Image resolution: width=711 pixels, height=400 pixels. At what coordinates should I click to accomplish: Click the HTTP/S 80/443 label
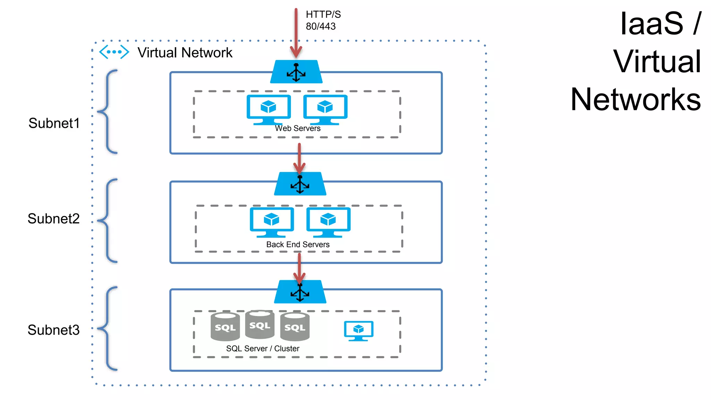click(x=323, y=20)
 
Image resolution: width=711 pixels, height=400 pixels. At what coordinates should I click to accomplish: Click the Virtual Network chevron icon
click(x=114, y=52)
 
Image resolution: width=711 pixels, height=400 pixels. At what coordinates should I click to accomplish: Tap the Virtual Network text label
click(x=185, y=53)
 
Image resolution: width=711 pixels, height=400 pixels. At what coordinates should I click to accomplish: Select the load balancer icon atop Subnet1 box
click(x=296, y=72)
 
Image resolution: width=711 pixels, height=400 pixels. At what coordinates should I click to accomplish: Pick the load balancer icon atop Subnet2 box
click(x=300, y=184)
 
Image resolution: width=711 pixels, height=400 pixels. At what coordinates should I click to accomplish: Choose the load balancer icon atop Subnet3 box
click(x=300, y=292)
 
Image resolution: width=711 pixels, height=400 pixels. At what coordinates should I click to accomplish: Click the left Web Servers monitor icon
click(x=268, y=109)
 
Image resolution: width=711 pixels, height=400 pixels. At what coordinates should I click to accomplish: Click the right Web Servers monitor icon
click(x=325, y=109)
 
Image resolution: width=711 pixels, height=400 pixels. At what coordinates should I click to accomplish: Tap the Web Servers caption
click(x=298, y=128)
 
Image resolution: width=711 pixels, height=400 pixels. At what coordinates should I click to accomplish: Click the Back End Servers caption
click(x=298, y=244)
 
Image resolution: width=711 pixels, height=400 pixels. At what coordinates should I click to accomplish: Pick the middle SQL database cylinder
click(x=260, y=325)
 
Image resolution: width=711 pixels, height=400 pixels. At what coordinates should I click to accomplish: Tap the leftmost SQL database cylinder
click(x=225, y=327)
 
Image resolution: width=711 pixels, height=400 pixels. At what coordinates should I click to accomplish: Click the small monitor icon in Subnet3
click(x=359, y=331)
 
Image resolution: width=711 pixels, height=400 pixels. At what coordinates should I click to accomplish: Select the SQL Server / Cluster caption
click(x=262, y=349)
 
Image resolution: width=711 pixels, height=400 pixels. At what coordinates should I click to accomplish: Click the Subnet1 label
click(x=54, y=123)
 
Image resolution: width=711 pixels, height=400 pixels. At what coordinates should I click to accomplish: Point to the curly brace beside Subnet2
click(x=108, y=220)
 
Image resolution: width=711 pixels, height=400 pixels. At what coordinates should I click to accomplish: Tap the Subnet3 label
click(x=53, y=330)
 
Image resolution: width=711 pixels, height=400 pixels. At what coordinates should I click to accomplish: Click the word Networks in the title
click(x=635, y=100)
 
